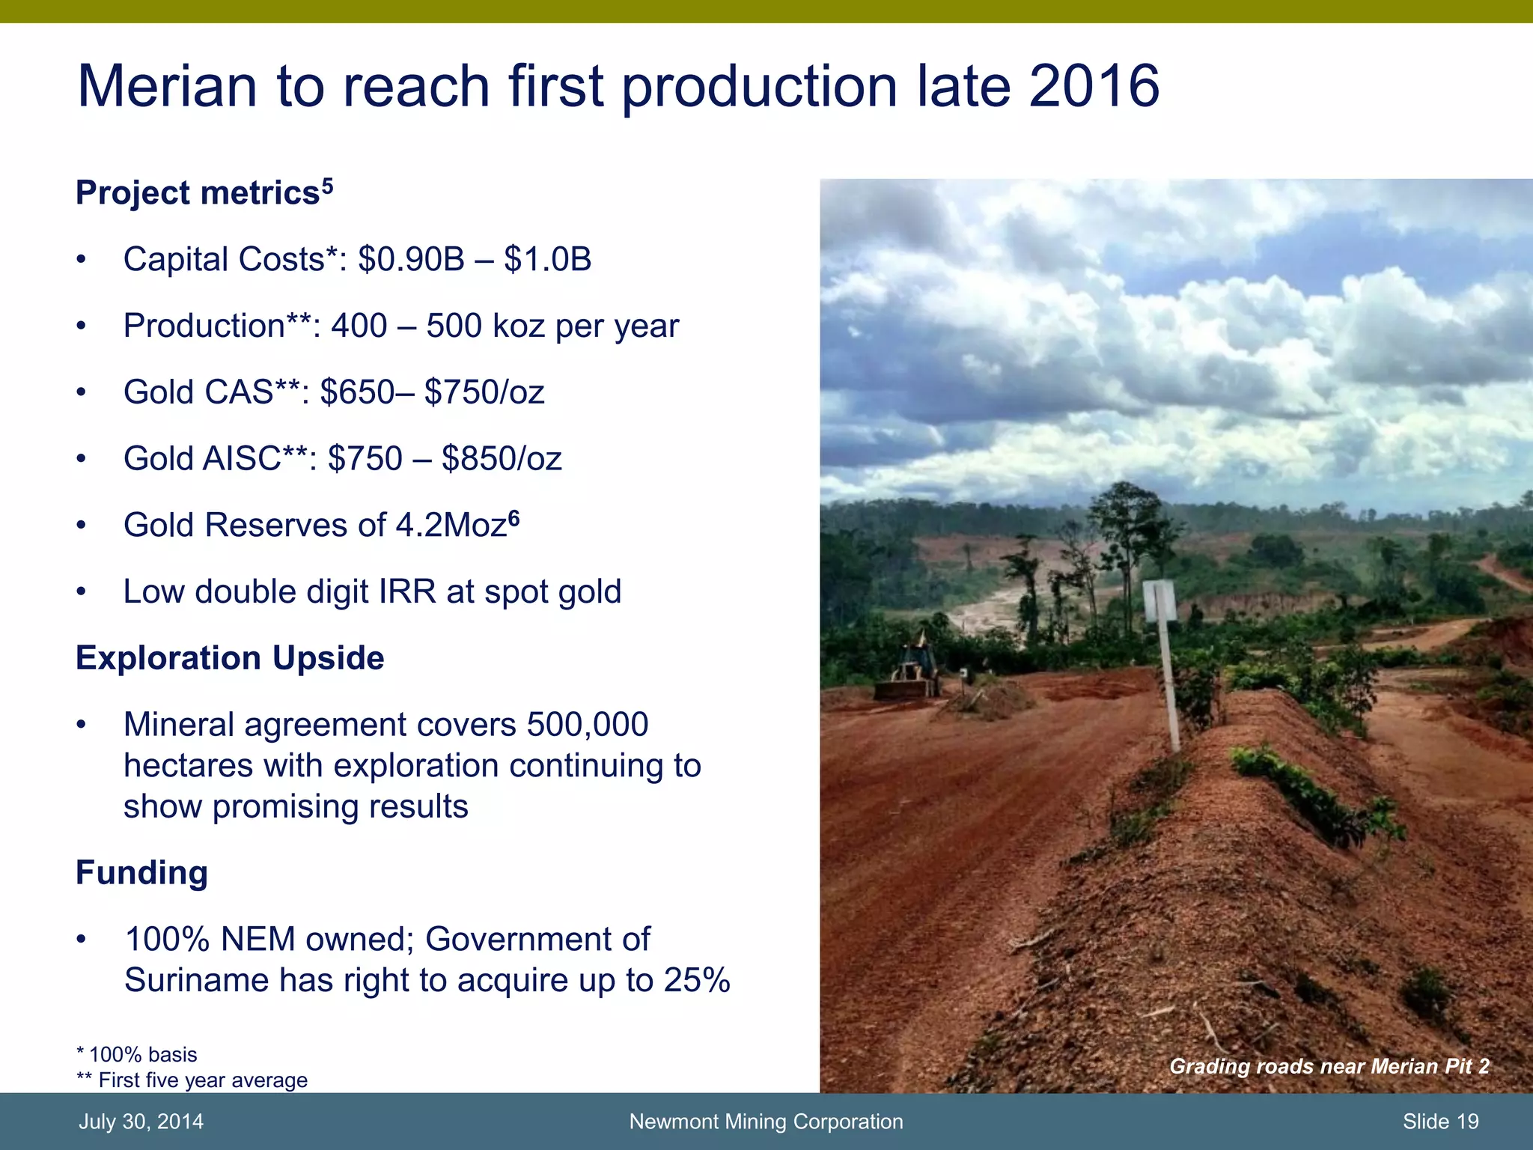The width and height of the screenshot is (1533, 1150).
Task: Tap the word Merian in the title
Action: [165, 87]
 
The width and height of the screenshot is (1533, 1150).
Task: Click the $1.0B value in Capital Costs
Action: [548, 260]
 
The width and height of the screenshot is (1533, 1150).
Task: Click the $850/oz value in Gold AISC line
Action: [502, 459]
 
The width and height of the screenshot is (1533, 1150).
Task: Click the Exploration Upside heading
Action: [230, 658]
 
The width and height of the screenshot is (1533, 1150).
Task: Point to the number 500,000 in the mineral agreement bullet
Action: [588, 725]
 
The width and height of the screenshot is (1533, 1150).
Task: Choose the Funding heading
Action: [141, 873]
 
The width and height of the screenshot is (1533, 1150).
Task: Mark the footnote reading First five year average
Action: [193, 1080]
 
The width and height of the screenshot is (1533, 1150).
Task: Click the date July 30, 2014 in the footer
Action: [141, 1122]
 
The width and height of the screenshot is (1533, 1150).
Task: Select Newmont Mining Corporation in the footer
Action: [766, 1122]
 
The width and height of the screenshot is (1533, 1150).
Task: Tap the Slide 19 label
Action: [1440, 1122]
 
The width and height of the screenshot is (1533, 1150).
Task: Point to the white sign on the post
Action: [1159, 602]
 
